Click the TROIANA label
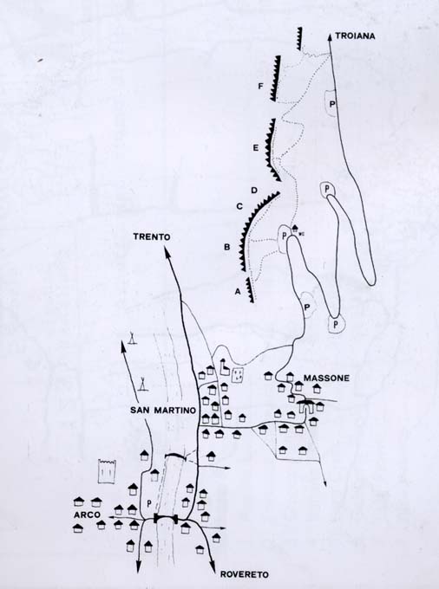(x=355, y=36)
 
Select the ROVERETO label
(x=244, y=574)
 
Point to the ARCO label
(x=87, y=515)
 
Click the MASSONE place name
(x=326, y=379)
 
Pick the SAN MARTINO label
(x=163, y=411)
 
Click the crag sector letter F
(x=260, y=87)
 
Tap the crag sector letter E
(x=255, y=148)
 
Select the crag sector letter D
(x=254, y=191)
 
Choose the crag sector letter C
(x=239, y=206)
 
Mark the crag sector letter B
(x=226, y=247)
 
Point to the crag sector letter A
(x=237, y=291)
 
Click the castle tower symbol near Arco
(x=107, y=471)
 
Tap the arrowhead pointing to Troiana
(x=330, y=36)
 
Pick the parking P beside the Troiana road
(x=331, y=104)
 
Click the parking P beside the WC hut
(x=283, y=235)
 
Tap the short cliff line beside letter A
(x=250, y=290)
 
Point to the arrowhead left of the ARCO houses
(x=112, y=517)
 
